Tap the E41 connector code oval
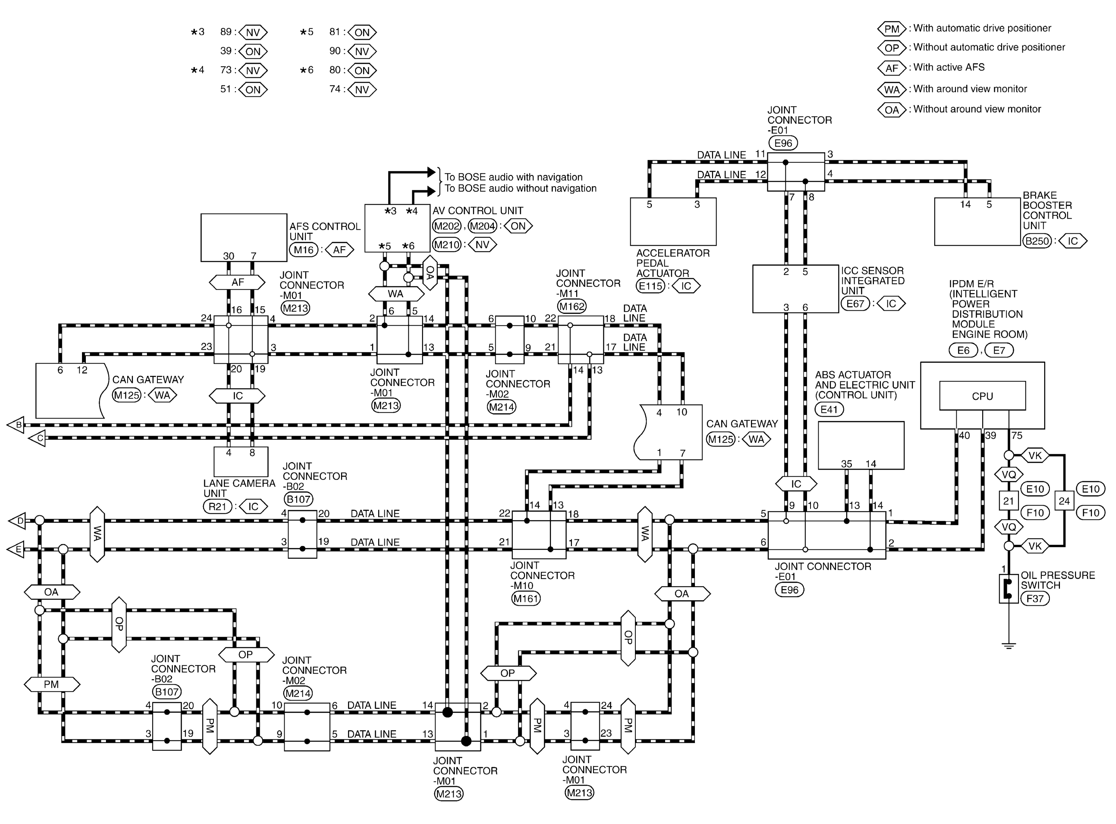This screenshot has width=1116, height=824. pyautogui.click(x=829, y=410)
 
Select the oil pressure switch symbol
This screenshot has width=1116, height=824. pyautogui.click(x=1008, y=588)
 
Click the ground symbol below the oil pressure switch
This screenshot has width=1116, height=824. pyautogui.click(x=1008, y=646)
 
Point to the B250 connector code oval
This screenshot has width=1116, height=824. pyautogui.click(x=1037, y=241)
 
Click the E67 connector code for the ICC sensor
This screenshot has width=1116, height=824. pyautogui.click(x=855, y=303)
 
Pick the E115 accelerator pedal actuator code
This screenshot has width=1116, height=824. pyautogui.click(x=650, y=286)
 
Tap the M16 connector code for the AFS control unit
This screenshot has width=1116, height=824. pyautogui.click(x=304, y=250)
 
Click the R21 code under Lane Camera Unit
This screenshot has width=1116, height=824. pyautogui.click(x=217, y=507)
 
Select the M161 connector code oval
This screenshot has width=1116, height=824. pyautogui.click(x=526, y=598)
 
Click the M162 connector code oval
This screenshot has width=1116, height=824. pyautogui.click(x=572, y=306)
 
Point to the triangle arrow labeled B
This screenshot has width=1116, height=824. pyautogui.click(x=15, y=425)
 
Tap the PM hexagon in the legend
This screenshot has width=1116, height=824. pyautogui.click(x=891, y=28)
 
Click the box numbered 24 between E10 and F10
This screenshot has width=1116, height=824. pyautogui.click(x=1064, y=501)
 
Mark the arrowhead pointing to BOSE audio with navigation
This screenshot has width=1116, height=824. pyautogui.click(x=431, y=173)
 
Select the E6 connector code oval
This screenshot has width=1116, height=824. pyautogui.click(x=963, y=350)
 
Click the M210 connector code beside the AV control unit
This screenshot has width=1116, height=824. pyautogui.click(x=447, y=245)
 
